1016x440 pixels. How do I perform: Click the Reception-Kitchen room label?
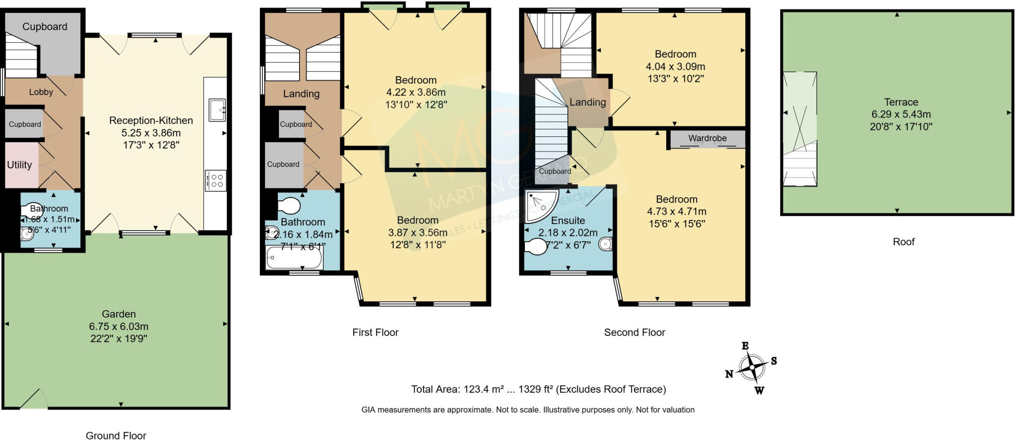pos(151,120)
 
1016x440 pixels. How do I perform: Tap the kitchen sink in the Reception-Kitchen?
pos(217,110)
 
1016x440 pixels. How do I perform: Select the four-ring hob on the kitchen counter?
pos(216,180)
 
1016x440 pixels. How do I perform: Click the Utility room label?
pos(19,165)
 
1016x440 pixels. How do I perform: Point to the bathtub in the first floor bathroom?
pos(294,258)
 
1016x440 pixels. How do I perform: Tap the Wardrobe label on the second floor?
pos(707,138)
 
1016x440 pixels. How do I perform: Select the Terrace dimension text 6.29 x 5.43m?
pos(901,114)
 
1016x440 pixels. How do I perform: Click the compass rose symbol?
pos(753,368)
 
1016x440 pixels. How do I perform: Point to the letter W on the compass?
pos(759,390)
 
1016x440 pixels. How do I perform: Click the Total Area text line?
pos(538,389)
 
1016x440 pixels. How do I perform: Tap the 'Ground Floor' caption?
pos(116,436)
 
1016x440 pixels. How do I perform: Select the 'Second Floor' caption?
pos(635,332)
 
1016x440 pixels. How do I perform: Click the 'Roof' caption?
pos(903,242)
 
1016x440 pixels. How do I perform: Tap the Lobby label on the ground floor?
pos(41,92)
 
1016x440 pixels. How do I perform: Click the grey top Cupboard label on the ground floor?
pos(45,27)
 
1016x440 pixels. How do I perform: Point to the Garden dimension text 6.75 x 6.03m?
pos(119,327)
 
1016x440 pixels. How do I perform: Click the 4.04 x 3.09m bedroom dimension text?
pos(675,66)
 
